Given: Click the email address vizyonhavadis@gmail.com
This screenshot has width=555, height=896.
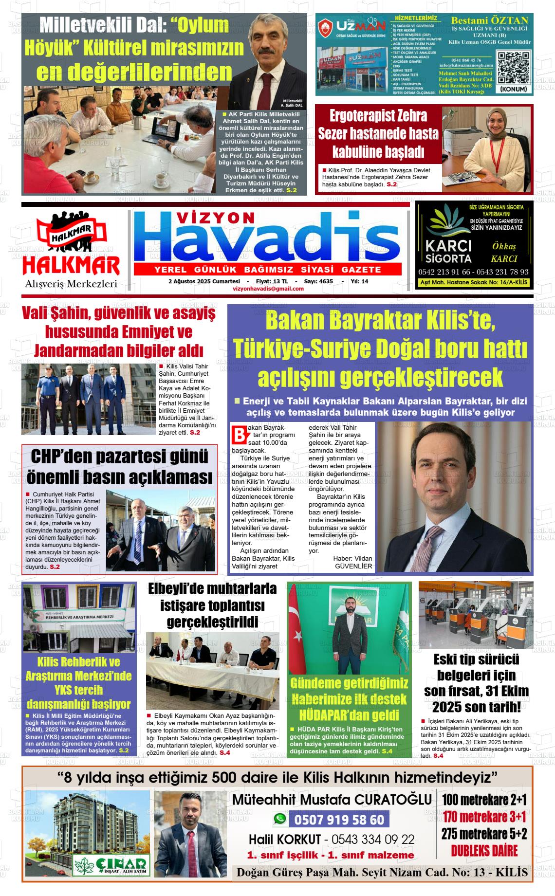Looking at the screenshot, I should [268, 289].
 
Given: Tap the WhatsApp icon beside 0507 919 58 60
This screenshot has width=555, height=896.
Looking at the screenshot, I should [280, 819].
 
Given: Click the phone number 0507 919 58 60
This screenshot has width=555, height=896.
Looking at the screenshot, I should [339, 820].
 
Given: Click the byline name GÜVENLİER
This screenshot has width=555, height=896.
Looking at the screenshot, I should [353, 566].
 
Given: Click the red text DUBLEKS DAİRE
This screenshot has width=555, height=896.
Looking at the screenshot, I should [484, 851].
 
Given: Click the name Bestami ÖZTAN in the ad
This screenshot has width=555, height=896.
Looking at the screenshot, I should [489, 21].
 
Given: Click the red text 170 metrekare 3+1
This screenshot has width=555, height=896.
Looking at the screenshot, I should [484, 817].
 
